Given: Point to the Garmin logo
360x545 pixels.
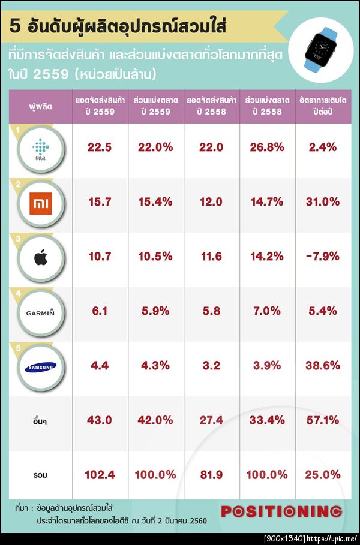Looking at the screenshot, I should coord(41,312).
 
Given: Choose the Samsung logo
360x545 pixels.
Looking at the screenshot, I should coord(41,367).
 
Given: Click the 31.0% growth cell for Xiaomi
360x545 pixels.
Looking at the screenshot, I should coord(322,202).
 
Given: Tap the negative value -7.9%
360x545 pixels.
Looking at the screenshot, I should coord(322,257).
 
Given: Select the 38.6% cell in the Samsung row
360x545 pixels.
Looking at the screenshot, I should coord(322,365).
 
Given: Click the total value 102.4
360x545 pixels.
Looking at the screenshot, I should coord(99,474).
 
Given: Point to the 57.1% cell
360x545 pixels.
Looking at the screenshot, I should coord(322,420).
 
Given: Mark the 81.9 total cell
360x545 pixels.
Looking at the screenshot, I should coord(211,474).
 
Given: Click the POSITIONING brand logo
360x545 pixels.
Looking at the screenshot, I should coord(281,511).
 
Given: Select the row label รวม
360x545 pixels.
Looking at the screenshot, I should coord(40,475).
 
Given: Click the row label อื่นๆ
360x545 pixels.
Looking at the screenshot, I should coord(40,421).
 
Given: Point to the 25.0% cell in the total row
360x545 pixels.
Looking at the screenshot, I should coord(322,474).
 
